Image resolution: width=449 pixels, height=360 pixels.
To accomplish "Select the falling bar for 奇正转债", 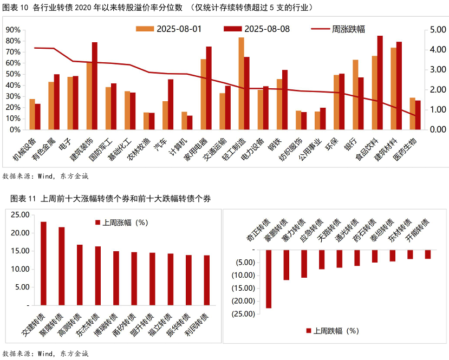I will pos(269,279).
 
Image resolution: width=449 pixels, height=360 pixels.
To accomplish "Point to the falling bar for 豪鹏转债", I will pos(287,265).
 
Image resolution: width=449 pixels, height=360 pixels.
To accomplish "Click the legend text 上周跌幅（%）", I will pos(336,331).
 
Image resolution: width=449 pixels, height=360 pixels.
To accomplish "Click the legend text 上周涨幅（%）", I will pos(125,222).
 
